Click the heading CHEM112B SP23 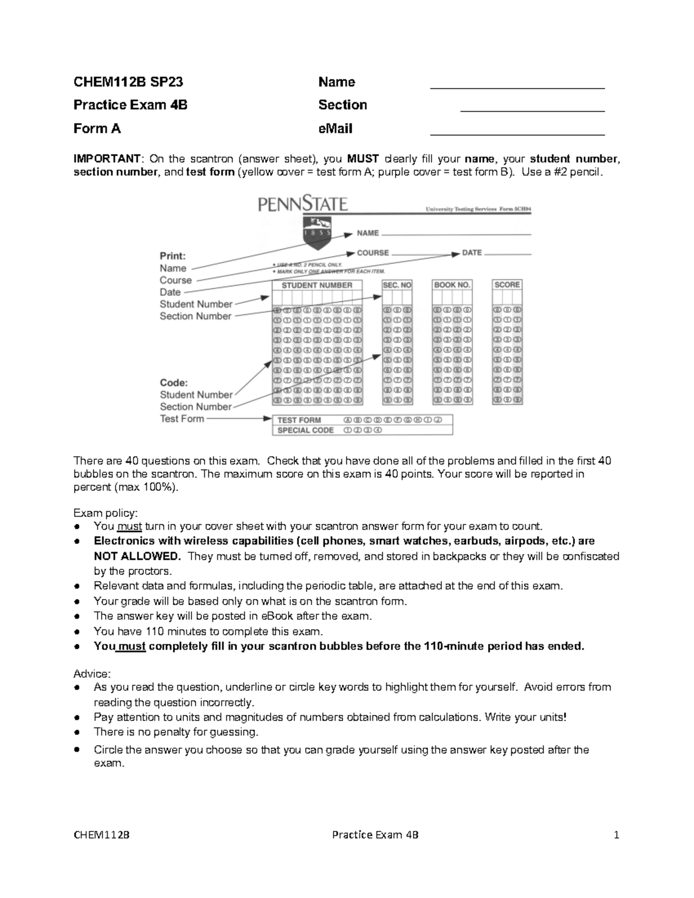(128, 82)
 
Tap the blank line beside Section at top (532, 110)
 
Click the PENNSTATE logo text (302, 205)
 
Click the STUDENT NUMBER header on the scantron (316, 285)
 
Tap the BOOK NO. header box (452, 285)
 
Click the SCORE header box (507, 284)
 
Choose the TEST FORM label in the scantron (299, 420)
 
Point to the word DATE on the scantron (472, 253)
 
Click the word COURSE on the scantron (372, 253)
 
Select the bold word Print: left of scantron (172, 256)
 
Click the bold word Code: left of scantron (173, 383)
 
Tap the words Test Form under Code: (182, 419)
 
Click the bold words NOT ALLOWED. (137, 556)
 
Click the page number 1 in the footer (617, 834)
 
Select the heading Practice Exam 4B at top (130, 105)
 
